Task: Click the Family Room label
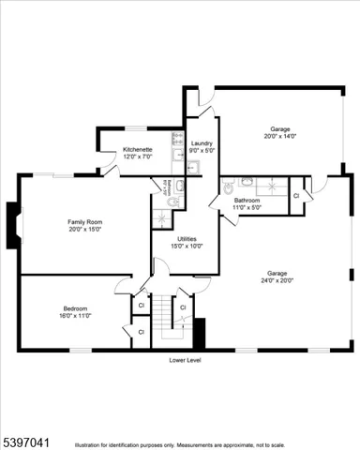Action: [x=82, y=221]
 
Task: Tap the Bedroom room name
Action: [x=76, y=309]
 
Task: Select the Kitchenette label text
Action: [x=138, y=149]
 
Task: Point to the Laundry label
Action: [x=202, y=142]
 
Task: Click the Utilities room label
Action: [x=187, y=239]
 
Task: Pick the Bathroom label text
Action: [x=247, y=200]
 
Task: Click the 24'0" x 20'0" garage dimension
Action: [x=280, y=279]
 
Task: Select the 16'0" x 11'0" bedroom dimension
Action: [x=76, y=317]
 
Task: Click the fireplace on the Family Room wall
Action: [x=13, y=225]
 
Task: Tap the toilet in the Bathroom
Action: [x=228, y=188]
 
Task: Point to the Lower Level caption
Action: [x=186, y=360]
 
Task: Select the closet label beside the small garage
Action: [x=296, y=196]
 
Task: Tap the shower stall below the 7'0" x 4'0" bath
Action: [x=163, y=219]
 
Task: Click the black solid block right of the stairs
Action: [x=198, y=333]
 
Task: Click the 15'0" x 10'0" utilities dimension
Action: [x=187, y=247]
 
